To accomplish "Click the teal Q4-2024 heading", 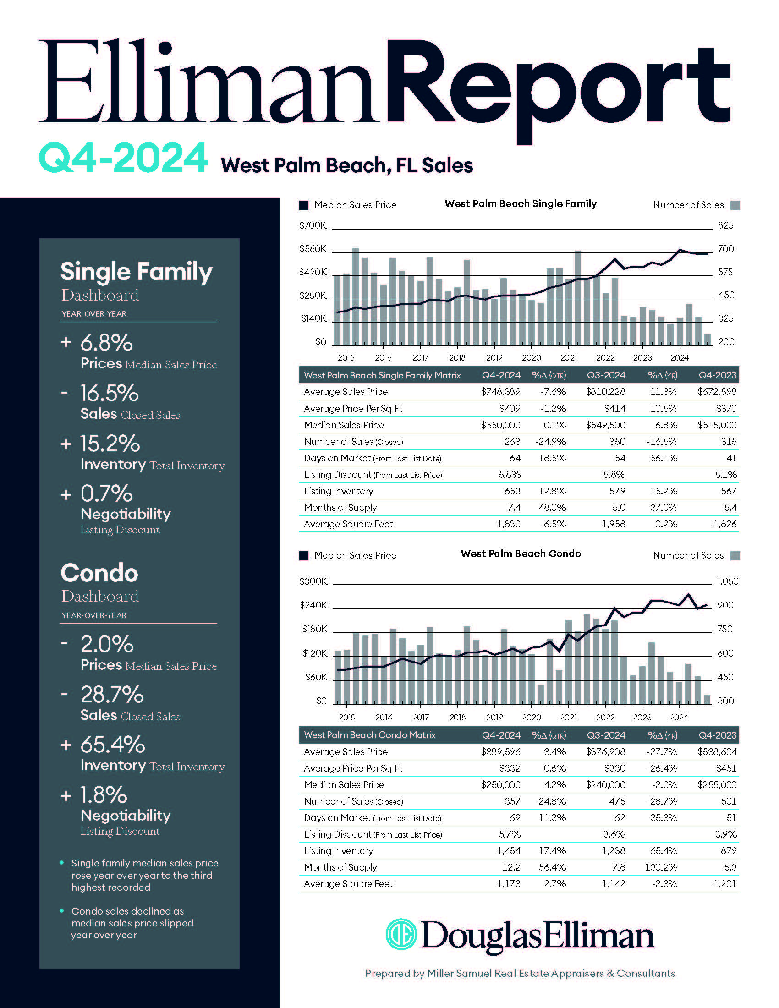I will [123, 158].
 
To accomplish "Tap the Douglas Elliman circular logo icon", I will [401, 934].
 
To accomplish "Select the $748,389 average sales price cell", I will [500, 392].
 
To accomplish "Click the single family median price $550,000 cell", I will [500, 425].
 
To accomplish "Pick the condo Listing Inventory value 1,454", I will [509, 851].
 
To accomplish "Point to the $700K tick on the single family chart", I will [313, 226].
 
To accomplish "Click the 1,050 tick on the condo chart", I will [727, 581].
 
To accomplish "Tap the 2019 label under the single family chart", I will [494, 358].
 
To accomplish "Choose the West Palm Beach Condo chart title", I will [521, 554].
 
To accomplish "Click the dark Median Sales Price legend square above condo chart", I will [304, 556].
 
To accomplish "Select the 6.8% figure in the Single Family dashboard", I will [107, 343].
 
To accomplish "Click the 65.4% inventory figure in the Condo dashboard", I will [113, 745].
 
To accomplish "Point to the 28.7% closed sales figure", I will [112, 694].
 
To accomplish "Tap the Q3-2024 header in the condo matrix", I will [606, 735].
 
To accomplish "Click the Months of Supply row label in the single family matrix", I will [340, 508].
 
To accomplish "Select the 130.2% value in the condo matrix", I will [661, 867].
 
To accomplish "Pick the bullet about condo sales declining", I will [132, 923].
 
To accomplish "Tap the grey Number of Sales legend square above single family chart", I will [735, 205].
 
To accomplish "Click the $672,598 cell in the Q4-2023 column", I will [717, 392].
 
